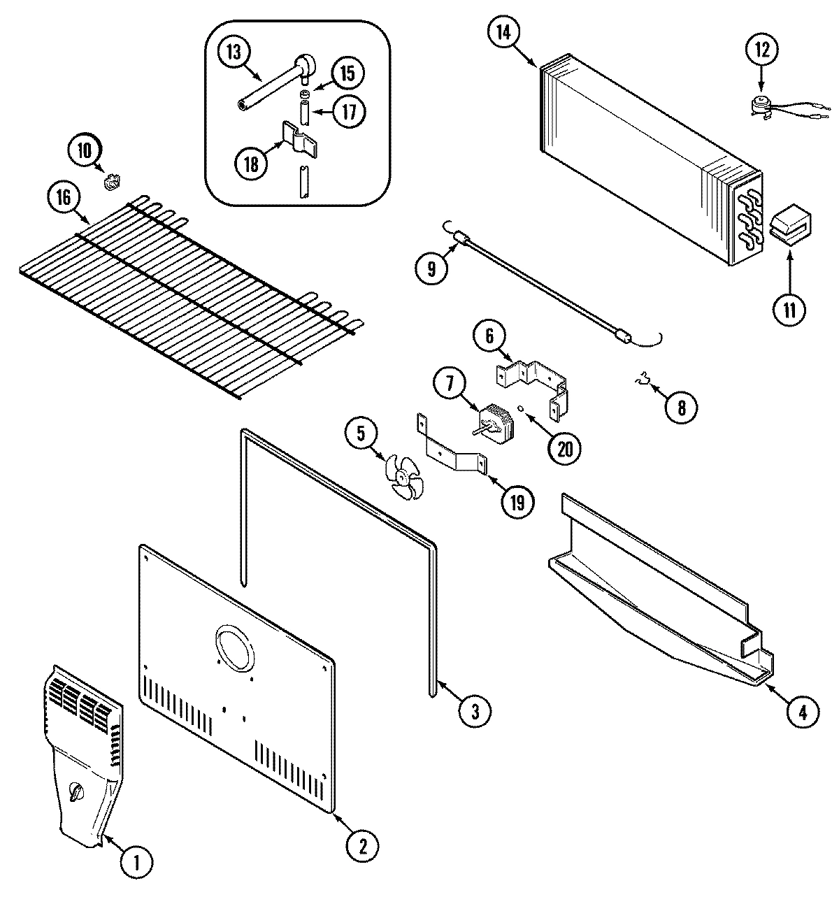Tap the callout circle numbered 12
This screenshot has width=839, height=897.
point(761,50)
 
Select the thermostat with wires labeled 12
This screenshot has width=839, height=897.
point(759,105)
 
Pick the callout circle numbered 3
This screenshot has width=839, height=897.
point(475,711)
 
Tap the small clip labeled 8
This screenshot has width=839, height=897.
point(641,380)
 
